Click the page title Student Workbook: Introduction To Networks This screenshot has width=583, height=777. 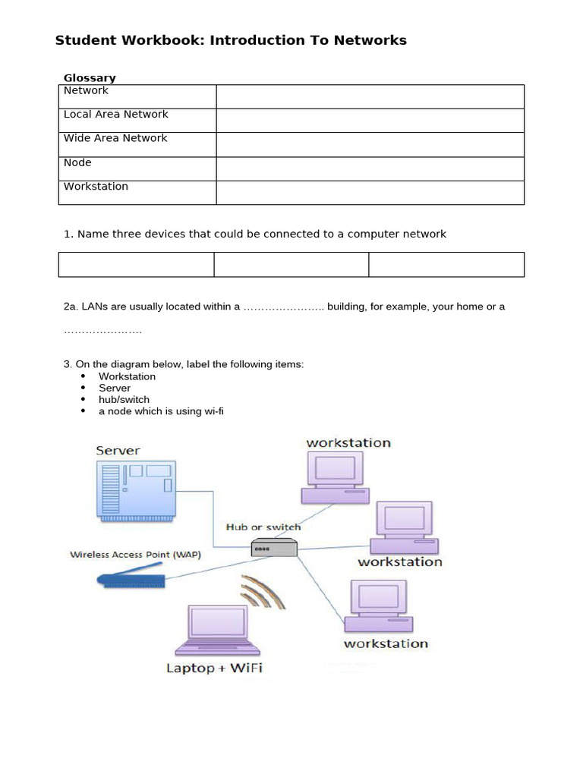pos(231,40)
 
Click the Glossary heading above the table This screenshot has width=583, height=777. pos(90,78)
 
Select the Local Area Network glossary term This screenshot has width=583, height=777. pos(116,115)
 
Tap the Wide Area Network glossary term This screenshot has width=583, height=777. pos(115,138)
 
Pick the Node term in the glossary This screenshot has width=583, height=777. pos(77,162)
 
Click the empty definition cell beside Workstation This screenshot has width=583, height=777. pos(370,193)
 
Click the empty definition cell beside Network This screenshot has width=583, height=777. pos(370,96)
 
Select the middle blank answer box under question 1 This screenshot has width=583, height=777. pos(291,265)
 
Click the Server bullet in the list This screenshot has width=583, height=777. pos(115,388)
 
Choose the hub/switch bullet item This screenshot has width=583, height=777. pos(124,399)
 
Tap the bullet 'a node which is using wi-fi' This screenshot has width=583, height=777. pos(161,411)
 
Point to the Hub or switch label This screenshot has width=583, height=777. pos(263,527)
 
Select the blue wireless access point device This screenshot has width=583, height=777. pos(131,580)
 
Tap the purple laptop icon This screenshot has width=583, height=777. pos(219,630)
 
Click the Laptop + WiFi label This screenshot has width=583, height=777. pos(214,668)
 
